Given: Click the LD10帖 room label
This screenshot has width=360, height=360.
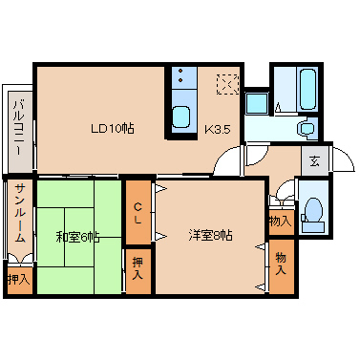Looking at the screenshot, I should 112,128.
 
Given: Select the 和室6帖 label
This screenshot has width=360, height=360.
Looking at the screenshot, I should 76,236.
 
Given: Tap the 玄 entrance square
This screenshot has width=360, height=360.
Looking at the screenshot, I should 313,160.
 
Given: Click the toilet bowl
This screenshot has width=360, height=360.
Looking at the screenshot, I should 311,211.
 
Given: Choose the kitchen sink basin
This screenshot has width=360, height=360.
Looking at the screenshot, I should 182,118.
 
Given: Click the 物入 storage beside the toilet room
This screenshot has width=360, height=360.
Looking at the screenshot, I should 280,221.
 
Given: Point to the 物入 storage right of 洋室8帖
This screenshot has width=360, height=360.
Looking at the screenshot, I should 281,264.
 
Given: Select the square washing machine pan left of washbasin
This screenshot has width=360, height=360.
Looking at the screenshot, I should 256,103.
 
